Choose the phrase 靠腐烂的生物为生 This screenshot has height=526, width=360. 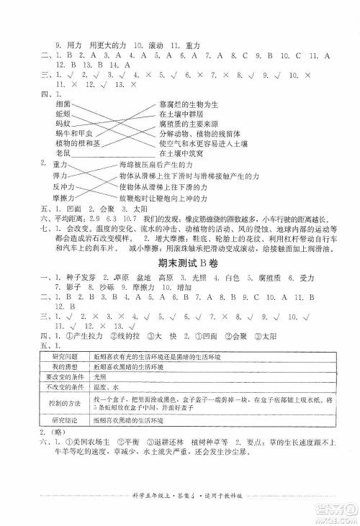(x=188, y=104)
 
